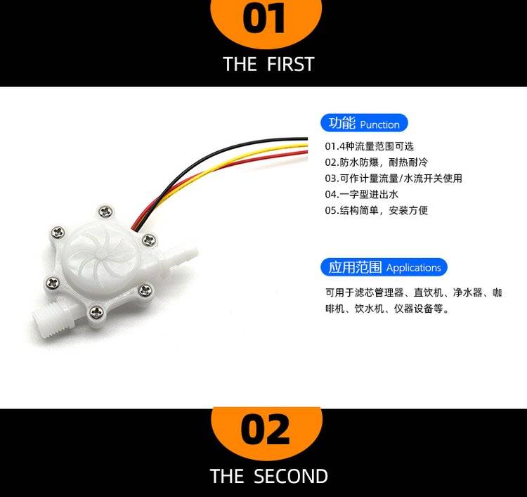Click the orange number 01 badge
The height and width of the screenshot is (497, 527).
(266, 20)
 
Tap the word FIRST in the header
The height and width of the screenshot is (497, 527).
(291, 64)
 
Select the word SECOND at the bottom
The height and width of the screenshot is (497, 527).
(291, 476)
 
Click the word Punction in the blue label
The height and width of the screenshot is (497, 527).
(379, 124)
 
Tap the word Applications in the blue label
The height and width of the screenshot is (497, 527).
(413, 268)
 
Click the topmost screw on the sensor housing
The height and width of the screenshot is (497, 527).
(106, 212)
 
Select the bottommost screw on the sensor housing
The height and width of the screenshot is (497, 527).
(96, 312)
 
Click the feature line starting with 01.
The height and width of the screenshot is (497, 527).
(369, 146)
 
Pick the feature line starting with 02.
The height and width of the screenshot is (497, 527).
(376, 162)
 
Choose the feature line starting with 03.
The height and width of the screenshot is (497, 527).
(393, 179)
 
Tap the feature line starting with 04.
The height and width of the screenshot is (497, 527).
(361, 194)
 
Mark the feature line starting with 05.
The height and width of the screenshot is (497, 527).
(376, 210)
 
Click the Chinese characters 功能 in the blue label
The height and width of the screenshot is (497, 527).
(341, 123)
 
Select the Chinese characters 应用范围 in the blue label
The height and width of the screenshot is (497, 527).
(355, 267)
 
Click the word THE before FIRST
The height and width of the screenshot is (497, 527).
(240, 64)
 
